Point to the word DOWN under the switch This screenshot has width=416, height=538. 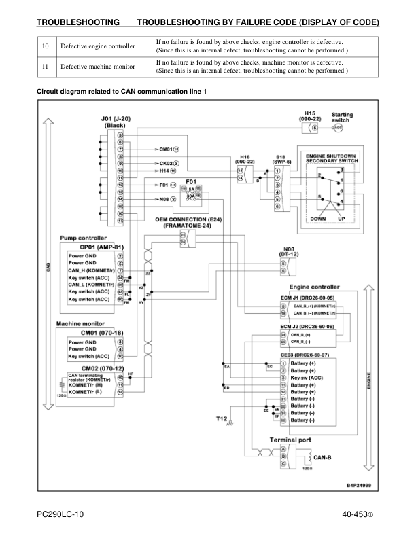tap(317, 219)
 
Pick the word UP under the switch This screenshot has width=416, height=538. tap(342, 219)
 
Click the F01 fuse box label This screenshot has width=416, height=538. tap(191, 181)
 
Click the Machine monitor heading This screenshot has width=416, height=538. tap(80, 324)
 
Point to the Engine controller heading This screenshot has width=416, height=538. tap(314, 287)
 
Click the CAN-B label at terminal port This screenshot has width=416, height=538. tap(323, 456)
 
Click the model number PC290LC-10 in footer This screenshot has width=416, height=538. tap(60, 514)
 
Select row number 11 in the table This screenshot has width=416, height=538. tap(45, 67)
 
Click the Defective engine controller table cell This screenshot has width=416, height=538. tap(98, 46)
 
